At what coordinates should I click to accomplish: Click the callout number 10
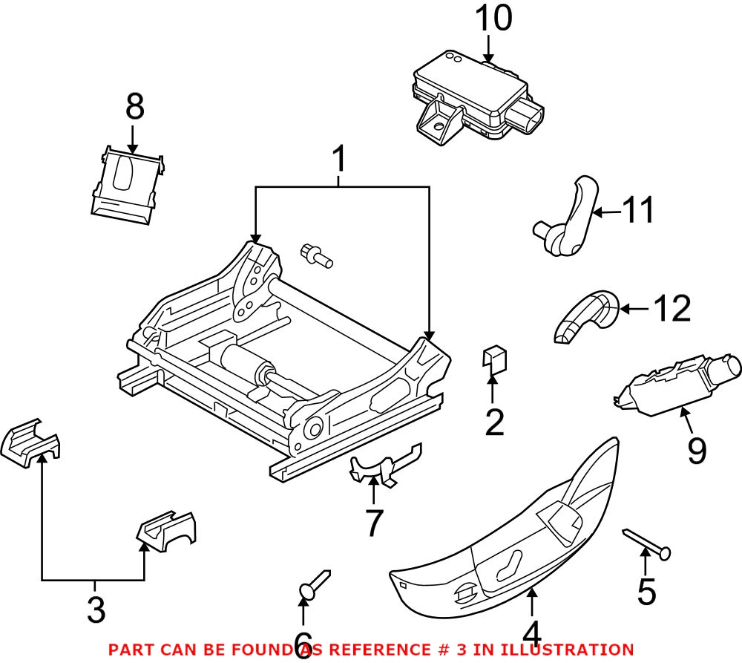[x=493, y=19]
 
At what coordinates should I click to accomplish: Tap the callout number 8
[x=134, y=108]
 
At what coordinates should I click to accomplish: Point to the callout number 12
[x=671, y=308]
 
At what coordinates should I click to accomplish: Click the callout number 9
[x=696, y=450]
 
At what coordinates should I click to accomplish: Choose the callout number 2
[x=493, y=422]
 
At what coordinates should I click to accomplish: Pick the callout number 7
[x=373, y=523]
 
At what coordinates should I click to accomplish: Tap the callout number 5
[x=646, y=592]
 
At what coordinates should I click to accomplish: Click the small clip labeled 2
[x=494, y=359]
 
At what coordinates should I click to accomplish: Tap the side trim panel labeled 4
[x=512, y=535]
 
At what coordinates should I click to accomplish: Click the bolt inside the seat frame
[x=316, y=255]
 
